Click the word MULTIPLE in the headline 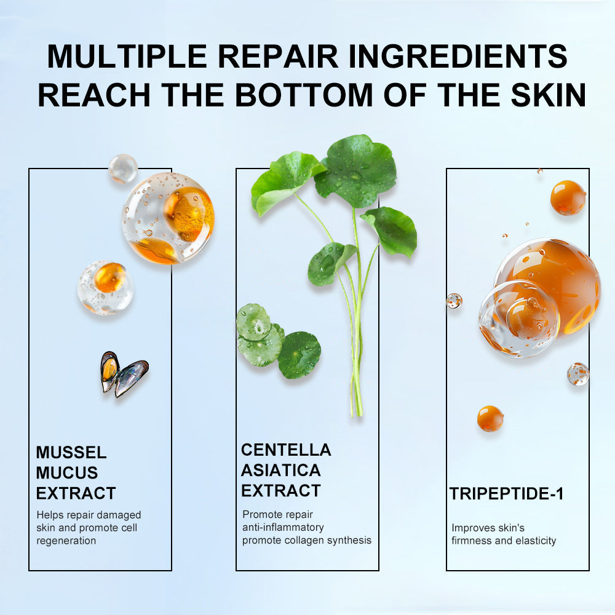click(x=127, y=56)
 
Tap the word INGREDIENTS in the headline click(x=458, y=56)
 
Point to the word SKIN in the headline click(x=549, y=95)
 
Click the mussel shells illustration click(x=124, y=374)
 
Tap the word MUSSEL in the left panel click(x=71, y=452)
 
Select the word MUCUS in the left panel click(x=67, y=472)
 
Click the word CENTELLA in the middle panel click(x=286, y=450)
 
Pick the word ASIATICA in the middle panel click(x=281, y=470)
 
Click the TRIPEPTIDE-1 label click(x=506, y=494)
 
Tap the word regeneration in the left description click(x=66, y=541)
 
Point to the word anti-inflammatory click(x=283, y=528)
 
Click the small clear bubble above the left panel click(x=123, y=169)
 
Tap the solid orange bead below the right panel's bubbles click(x=490, y=418)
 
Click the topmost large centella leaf click(x=355, y=171)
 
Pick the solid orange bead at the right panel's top click(x=568, y=197)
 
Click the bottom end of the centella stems click(x=357, y=415)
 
